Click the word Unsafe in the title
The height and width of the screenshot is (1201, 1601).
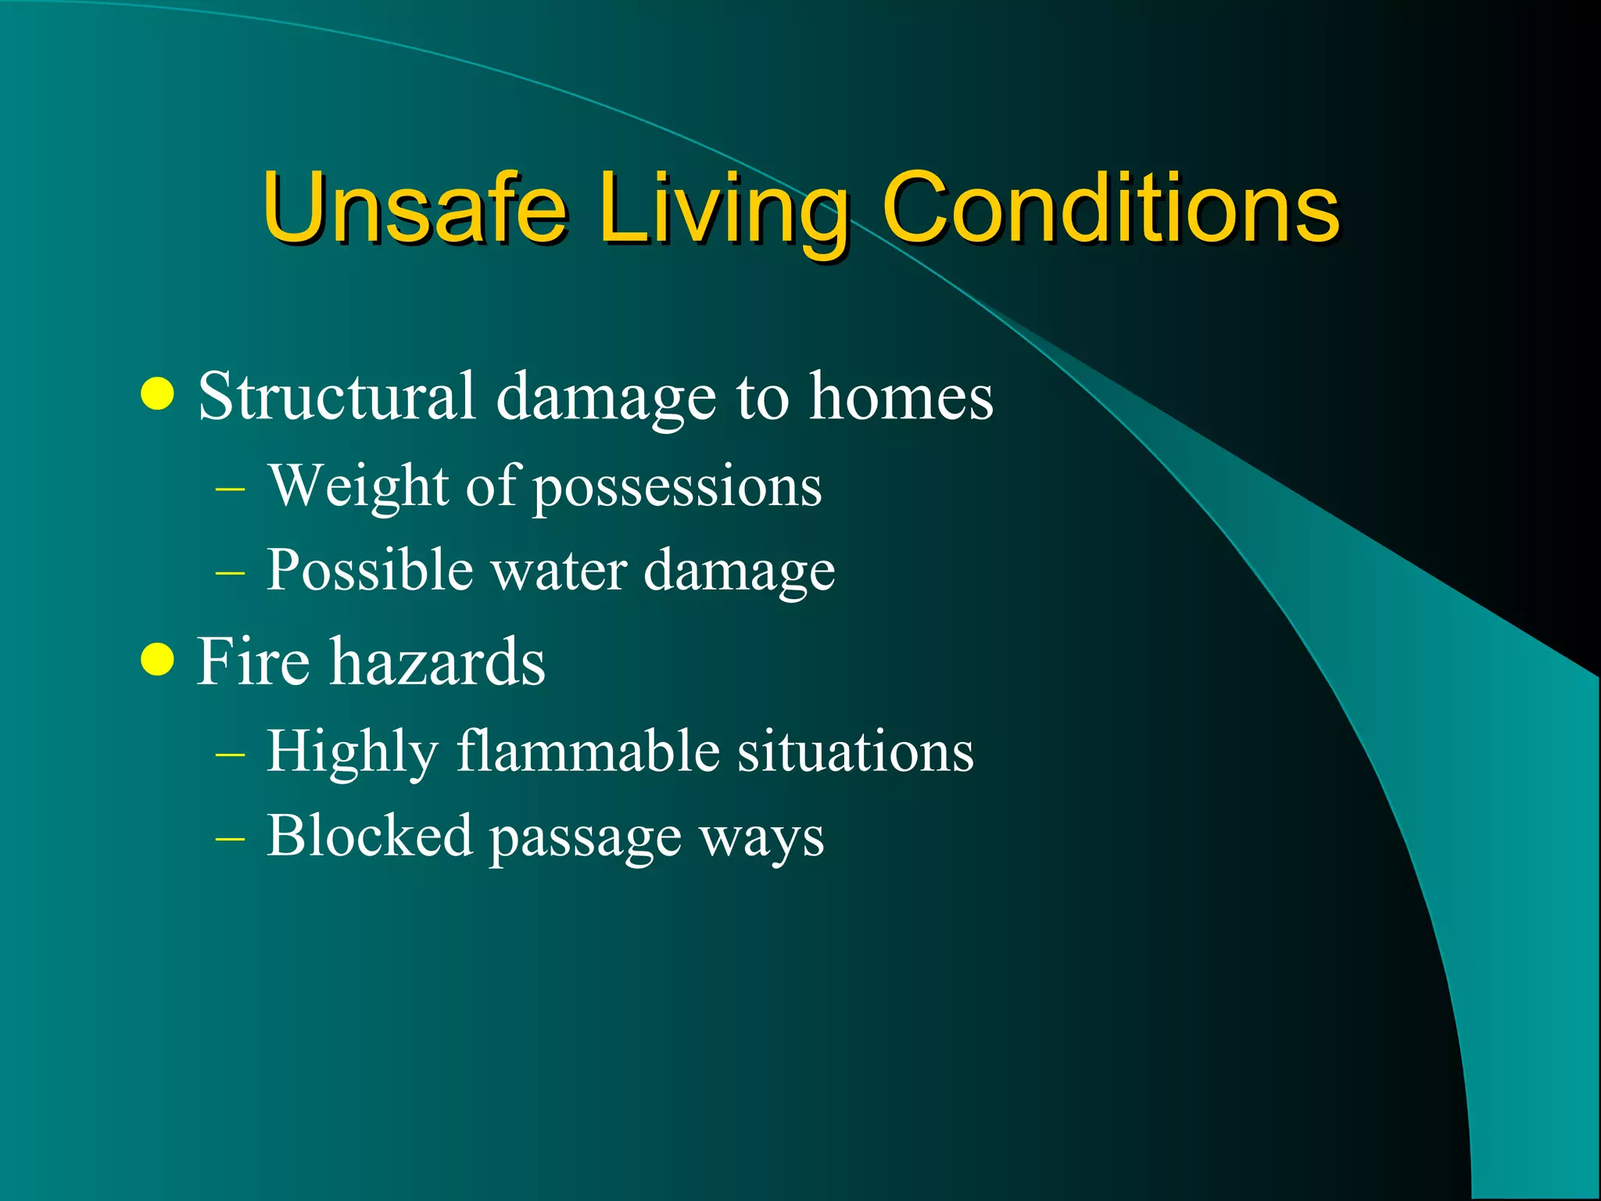[414, 207]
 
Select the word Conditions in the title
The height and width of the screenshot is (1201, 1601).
[1110, 207]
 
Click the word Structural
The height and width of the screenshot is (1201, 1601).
[336, 396]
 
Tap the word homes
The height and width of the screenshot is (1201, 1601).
[901, 396]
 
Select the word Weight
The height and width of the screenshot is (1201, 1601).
[359, 486]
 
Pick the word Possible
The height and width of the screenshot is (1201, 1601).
[369, 569]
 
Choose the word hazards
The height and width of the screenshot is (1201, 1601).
[437, 661]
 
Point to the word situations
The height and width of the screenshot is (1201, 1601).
[855, 751]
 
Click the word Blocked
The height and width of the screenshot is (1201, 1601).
[369, 835]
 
